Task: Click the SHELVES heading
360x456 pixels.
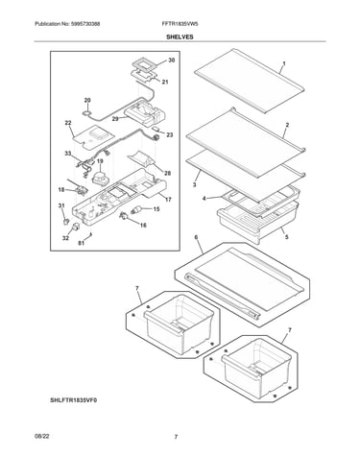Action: [x=180, y=36]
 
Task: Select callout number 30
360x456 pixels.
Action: [x=172, y=60]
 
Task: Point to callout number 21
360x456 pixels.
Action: [x=165, y=83]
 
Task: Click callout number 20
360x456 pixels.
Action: [x=87, y=100]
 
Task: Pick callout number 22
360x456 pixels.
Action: [x=68, y=123]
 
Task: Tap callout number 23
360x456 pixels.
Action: [x=170, y=135]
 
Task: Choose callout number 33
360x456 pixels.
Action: [x=68, y=154]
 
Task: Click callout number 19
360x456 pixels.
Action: [x=100, y=161]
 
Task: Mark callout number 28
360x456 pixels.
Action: [x=167, y=173]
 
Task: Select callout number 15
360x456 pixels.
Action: [x=156, y=209]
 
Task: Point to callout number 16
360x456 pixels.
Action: [x=143, y=226]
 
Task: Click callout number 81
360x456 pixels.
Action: [x=82, y=244]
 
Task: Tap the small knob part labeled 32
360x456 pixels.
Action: [x=76, y=227]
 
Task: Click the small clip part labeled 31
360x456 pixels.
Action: [x=65, y=221]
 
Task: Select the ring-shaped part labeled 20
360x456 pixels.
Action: [x=86, y=112]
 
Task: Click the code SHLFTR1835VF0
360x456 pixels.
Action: [x=73, y=400]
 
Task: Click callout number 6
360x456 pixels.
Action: [x=196, y=237]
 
